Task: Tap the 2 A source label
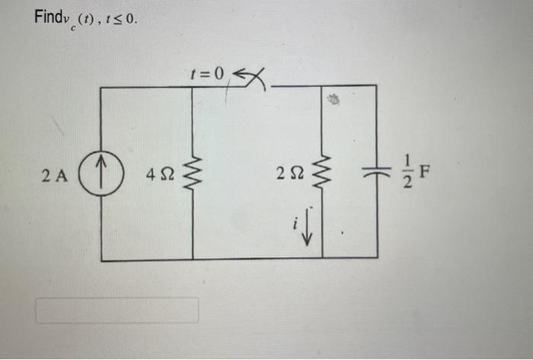[x=56, y=177]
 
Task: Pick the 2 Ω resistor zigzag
[x=322, y=174]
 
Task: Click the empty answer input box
[x=116, y=310]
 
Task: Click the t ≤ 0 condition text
[x=125, y=18]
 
